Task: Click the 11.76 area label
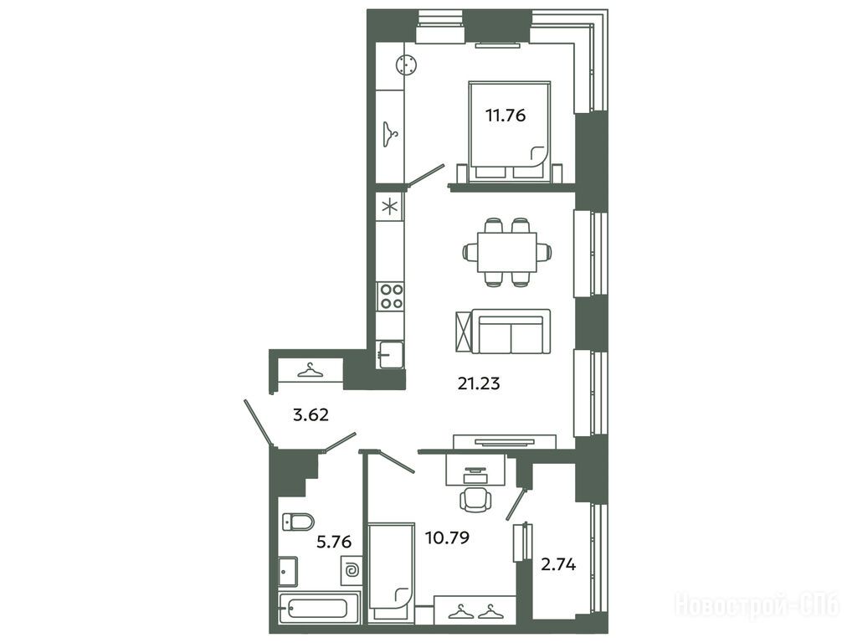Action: point(506,116)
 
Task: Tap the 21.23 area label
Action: point(479,383)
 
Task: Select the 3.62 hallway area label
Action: point(311,415)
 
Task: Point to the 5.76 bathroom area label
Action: point(334,542)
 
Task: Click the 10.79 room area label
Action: point(447,538)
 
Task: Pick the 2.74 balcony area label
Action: point(558,565)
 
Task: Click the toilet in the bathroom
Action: point(298,522)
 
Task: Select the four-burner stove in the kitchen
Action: point(391,296)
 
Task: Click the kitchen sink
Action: point(391,354)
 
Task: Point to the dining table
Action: point(507,252)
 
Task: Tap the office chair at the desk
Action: point(475,499)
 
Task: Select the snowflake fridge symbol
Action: point(390,207)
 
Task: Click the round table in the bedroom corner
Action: point(406,66)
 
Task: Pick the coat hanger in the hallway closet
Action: point(310,371)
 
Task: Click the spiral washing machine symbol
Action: point(351,570)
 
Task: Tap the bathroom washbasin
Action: point(287,571)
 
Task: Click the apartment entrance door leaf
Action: point(257,423)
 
